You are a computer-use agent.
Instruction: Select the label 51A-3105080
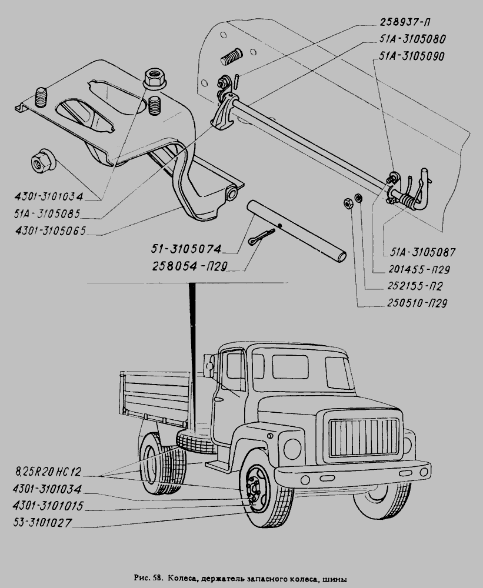409,41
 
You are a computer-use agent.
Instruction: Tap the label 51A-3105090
409,56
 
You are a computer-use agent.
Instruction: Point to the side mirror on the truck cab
209,365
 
